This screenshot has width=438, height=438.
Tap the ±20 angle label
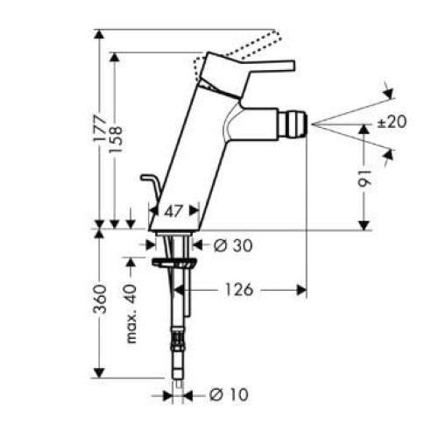click(392, 123)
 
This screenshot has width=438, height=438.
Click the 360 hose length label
click(102, 299)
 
